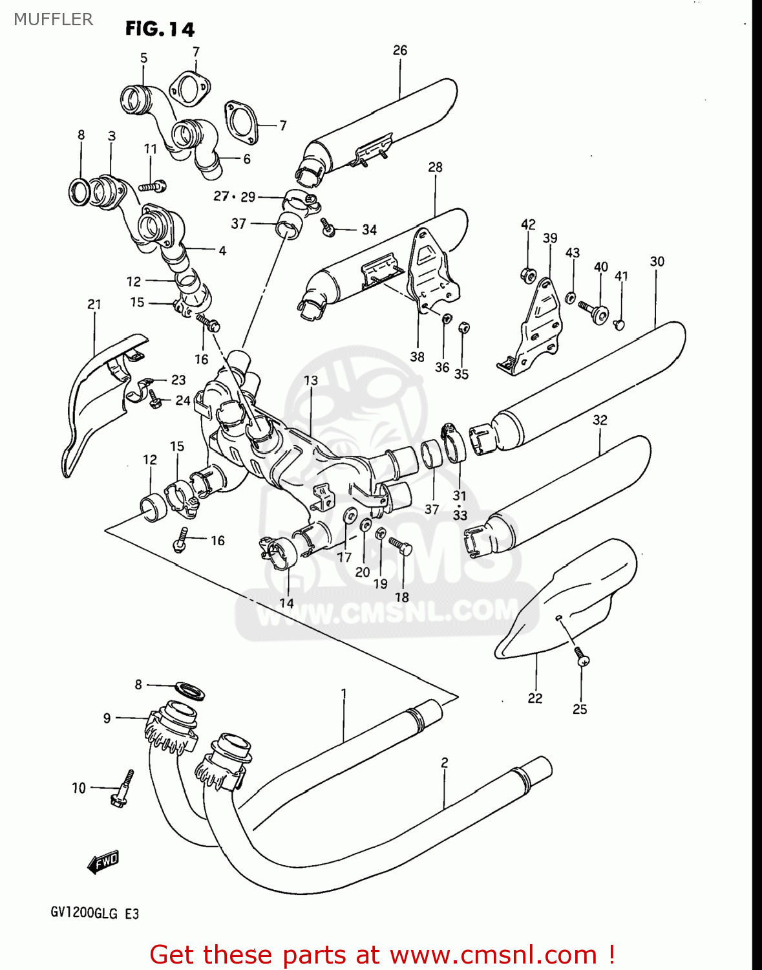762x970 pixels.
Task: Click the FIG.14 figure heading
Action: (160, 29)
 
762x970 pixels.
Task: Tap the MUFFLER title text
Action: (54, 19)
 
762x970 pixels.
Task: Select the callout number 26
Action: (400, 50)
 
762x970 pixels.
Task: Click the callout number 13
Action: (311, 380)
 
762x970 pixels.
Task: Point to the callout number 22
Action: (534, 698)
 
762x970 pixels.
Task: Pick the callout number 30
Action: (657, 261)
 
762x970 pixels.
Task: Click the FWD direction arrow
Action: (103, 861)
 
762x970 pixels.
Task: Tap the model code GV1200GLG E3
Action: (94, 914)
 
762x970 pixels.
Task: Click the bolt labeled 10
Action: (123, 789)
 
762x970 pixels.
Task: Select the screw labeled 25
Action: (582, 657)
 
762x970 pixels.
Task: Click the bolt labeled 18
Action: (401, 547)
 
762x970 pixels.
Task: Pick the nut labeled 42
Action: (528, 275)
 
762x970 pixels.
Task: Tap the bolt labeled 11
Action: (153, 186)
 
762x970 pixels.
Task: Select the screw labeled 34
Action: (328, 226)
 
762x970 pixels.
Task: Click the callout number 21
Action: (94, 304)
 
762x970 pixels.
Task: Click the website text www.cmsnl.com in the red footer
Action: (493, 954)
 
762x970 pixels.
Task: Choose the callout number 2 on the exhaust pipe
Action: (445, 763)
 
